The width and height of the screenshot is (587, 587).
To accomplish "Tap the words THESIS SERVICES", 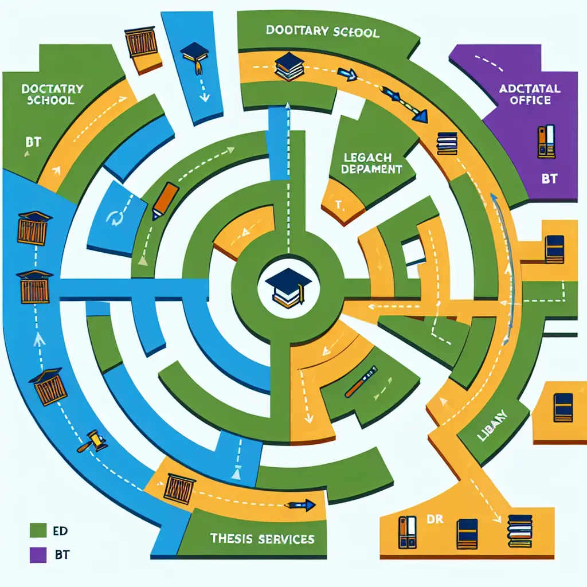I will click(x=263, y=539).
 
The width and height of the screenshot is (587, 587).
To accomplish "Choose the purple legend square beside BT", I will click(x=37, y=555).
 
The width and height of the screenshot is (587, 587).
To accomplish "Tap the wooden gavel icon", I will click(x=96, y=440).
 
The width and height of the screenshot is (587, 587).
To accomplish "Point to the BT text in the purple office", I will click(x=549, y=179).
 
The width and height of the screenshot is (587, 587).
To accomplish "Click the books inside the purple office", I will click(x=546, y=141).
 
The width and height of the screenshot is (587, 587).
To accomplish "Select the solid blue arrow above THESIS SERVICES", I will click(x=303, y=505).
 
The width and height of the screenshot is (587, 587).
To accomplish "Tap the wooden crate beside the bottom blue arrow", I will click(x=180, y=488).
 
